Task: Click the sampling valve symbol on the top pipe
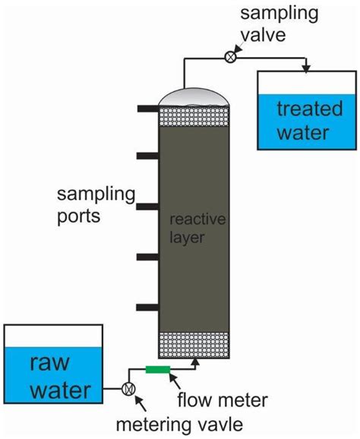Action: click(x=231, y=55)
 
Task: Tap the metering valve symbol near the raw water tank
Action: click(x=128, y=387)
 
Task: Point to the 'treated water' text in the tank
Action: click(x=303, y=120)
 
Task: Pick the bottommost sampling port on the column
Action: click(x=146, y=308)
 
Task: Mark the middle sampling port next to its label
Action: click(x=146, y=207)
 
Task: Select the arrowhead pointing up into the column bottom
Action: click(x=197, y=363)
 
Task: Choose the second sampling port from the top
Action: click(x=146, y=156)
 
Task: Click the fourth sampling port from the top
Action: click(x=146, y=257)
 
